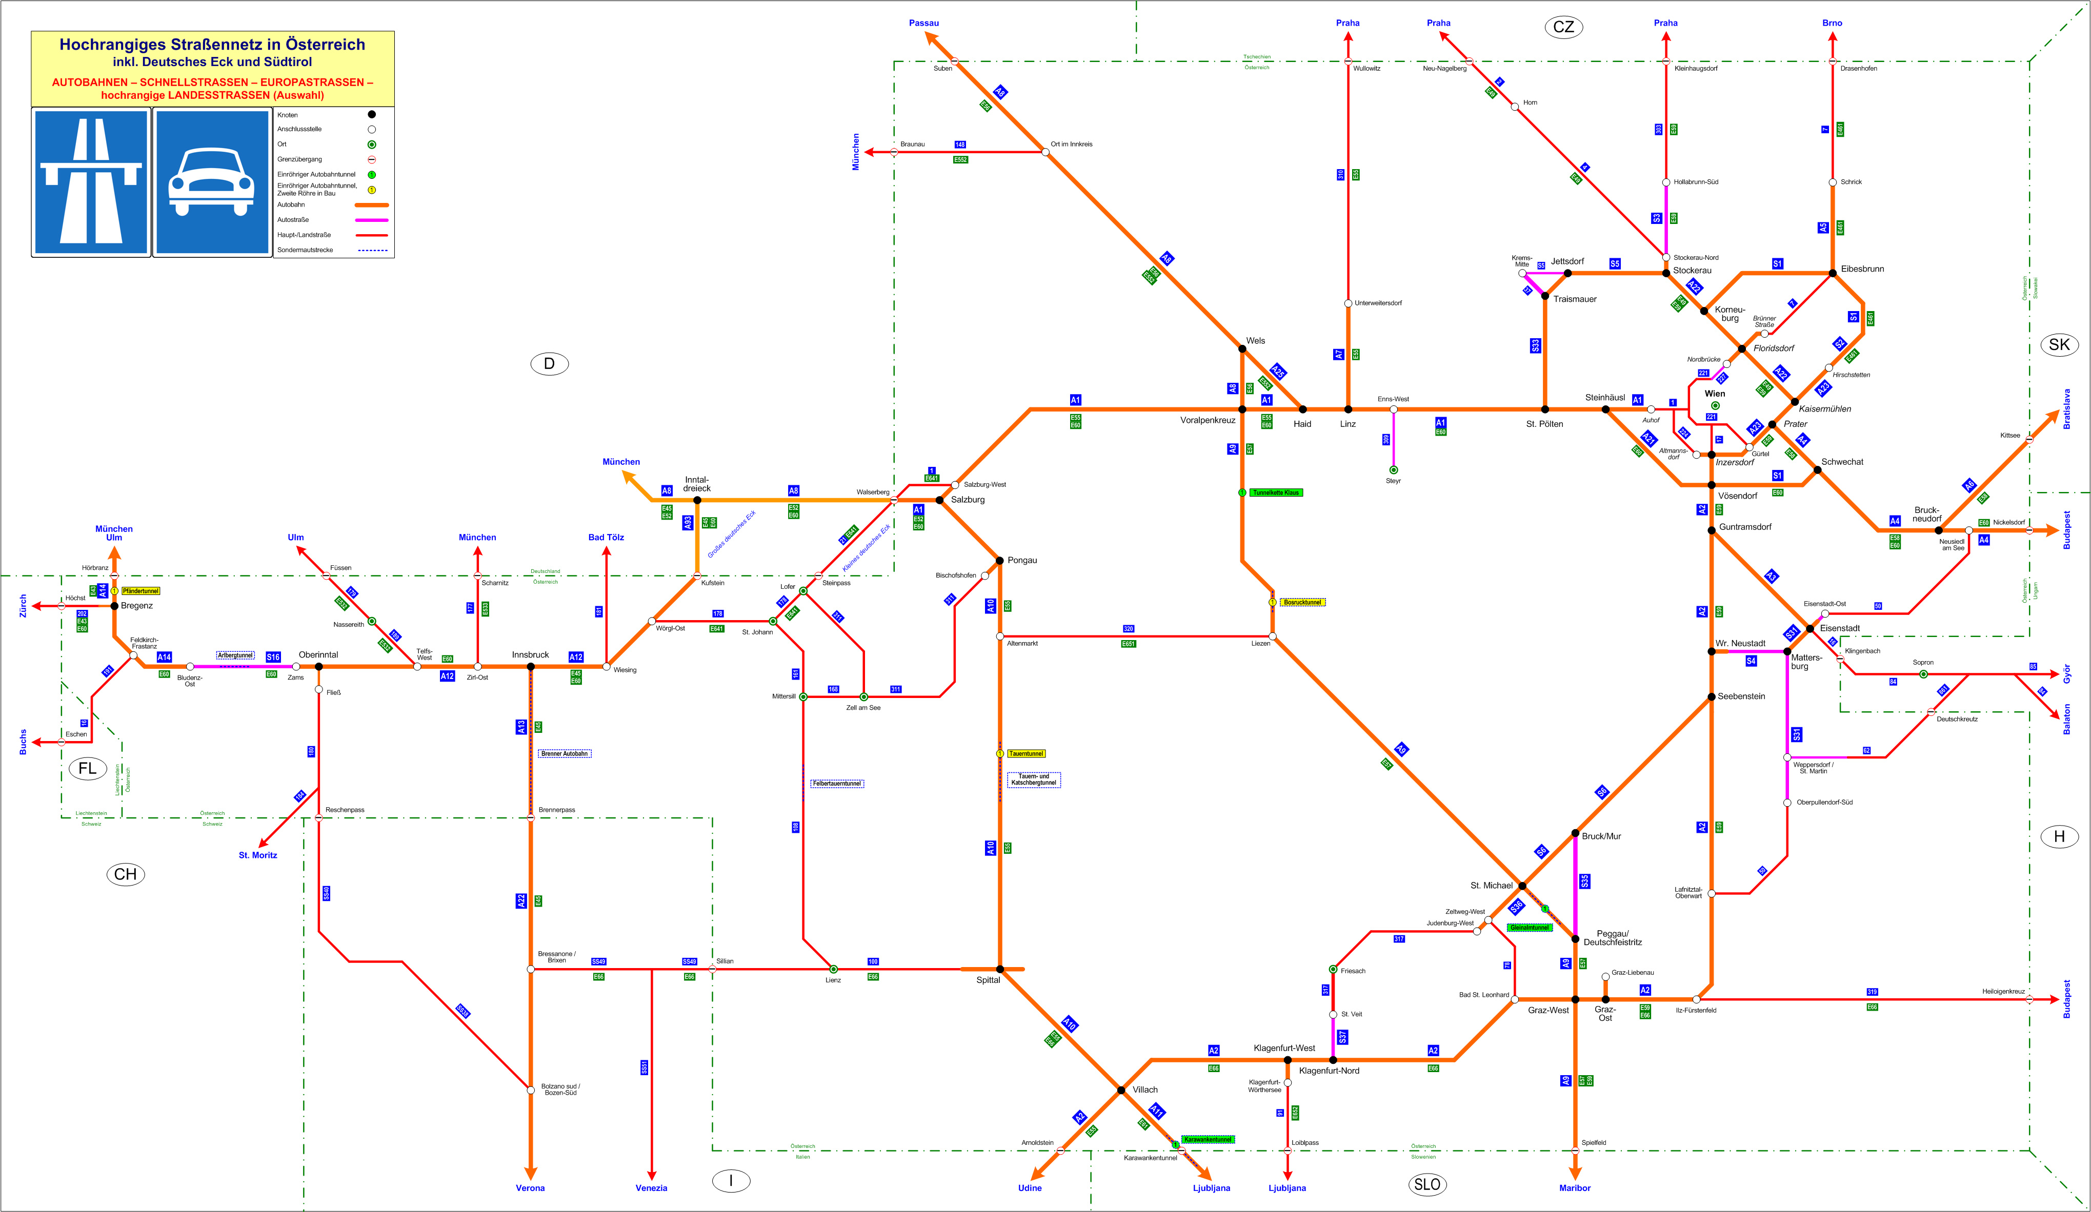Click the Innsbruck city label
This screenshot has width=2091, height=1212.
[530, 654]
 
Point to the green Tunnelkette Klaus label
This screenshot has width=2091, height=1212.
[1276, 493]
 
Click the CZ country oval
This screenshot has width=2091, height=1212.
[1563, 27]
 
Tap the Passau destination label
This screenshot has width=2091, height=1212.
[923, 23]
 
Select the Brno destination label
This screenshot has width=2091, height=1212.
[1832, 23]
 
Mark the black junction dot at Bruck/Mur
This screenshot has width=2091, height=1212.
[1575, 833]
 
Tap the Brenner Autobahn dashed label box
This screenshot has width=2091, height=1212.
[564, 753]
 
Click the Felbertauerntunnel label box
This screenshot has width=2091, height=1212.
[836, 783]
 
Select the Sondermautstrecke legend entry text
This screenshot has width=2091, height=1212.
[306, 250]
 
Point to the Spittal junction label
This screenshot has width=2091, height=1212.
[988, 980]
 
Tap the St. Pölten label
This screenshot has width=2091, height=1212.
[1544, 424]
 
